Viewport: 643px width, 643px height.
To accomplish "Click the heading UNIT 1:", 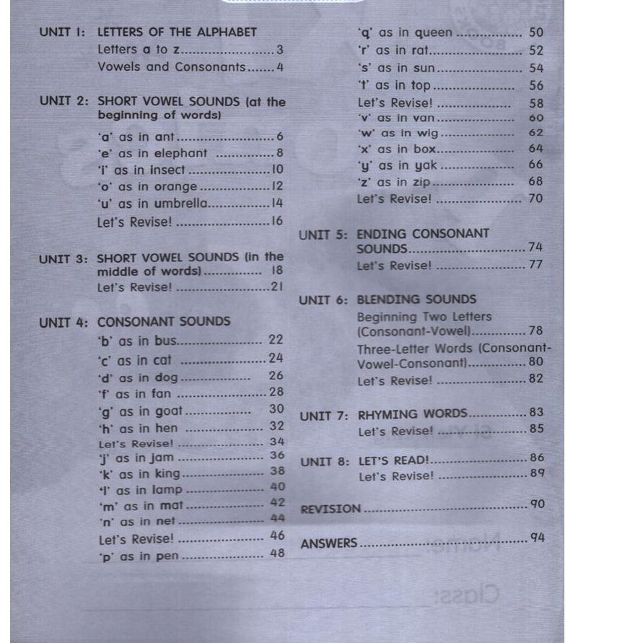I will (x=62, y=32).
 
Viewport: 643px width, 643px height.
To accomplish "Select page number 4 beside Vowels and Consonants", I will (x=280, y=67).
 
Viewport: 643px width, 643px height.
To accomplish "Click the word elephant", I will (x=180, y=153).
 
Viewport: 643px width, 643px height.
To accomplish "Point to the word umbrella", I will (x=180, y=204).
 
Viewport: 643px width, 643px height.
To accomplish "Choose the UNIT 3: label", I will (x=64, y=259).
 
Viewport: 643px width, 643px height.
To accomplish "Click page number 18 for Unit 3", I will (x=277, y=271).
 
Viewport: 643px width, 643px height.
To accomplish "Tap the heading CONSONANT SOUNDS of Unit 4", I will (x=164, y=322).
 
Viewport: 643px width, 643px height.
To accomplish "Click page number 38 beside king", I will (x=277, y=471).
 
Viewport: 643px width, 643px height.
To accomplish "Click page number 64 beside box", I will (x=535, y=149).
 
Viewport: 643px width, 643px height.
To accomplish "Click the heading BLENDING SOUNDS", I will (x=416, y=299).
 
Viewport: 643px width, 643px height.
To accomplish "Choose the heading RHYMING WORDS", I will (x=413, y=414).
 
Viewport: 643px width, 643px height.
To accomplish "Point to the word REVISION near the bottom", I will (x=331, y=509).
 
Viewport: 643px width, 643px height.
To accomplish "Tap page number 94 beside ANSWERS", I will (x=537, y=538).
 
